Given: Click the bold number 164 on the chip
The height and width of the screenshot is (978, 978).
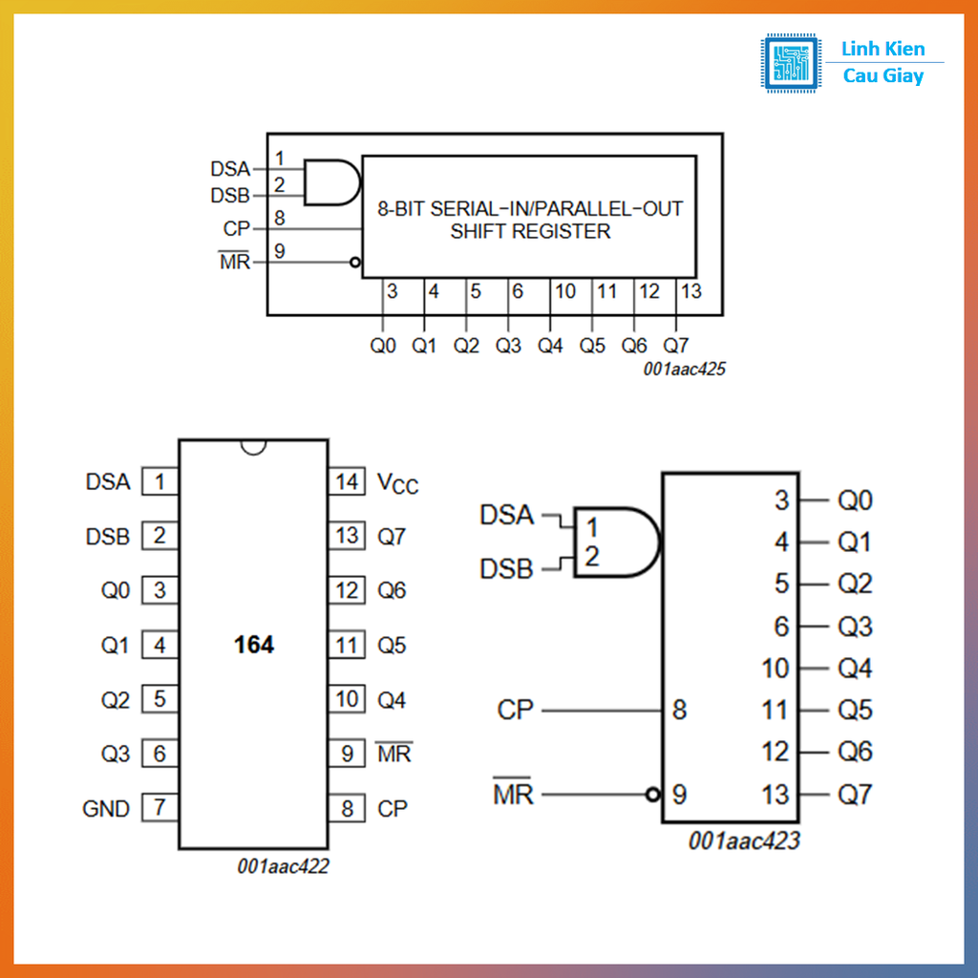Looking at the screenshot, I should click(254, 646).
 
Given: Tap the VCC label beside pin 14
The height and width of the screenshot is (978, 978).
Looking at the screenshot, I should click(397, 483).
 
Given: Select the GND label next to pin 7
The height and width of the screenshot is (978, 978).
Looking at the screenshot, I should click(106, 809).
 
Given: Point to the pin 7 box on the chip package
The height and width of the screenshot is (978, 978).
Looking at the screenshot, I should click(159, 808).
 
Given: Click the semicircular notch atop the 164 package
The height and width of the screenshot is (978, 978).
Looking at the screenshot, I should click(253, 446).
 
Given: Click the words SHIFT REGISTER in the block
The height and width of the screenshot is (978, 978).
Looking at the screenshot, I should click(530, 231).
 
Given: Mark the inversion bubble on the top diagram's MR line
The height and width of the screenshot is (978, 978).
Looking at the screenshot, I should click(355, 262).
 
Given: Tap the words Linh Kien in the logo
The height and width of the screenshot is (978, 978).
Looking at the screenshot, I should click(882, 50).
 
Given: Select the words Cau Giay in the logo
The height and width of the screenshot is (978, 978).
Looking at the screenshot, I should click(882, 76).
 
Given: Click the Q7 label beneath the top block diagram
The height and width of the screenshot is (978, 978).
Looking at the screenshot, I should click(675, 346).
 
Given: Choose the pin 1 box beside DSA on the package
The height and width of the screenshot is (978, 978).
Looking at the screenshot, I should click(159, 481).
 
